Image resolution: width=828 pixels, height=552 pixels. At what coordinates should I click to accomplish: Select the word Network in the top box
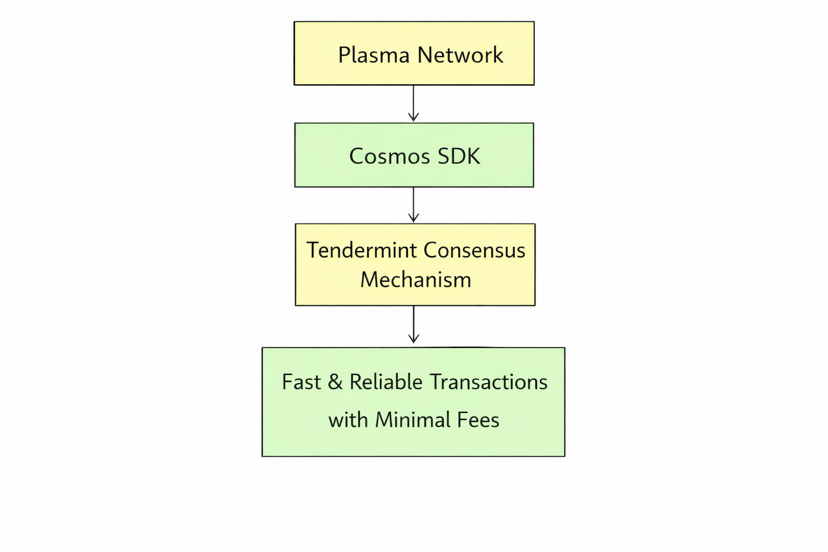click(x=460, y=55)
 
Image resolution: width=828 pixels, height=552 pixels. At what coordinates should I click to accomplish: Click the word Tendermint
click(x=361, y=250)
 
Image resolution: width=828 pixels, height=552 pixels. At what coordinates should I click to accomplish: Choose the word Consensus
click(x=474, y=250)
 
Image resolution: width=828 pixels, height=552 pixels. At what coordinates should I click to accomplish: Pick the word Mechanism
click(x=415, y=280)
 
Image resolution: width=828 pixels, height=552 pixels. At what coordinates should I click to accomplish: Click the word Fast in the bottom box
click(x=301, y=382)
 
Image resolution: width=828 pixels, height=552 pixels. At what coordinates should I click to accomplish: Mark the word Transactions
click(x=489, y=382)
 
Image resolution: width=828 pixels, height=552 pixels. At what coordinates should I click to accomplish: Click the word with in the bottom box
click(x=348, y=420)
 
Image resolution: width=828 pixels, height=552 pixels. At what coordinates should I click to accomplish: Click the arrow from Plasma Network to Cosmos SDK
click(x=414, y=103)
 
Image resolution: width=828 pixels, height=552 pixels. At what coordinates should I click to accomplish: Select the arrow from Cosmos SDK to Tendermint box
click(x=414, y=204)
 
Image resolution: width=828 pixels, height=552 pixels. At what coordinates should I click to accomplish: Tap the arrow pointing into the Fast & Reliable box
click(x=414, y=325)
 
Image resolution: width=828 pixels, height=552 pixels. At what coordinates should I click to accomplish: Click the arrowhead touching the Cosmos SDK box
click(x=414, y=117)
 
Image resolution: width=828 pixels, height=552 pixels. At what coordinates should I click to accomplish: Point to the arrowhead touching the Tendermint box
click(x=414, y=218)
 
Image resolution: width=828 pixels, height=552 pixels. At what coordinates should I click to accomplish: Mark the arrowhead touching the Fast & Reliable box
click(x=414, y=340)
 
